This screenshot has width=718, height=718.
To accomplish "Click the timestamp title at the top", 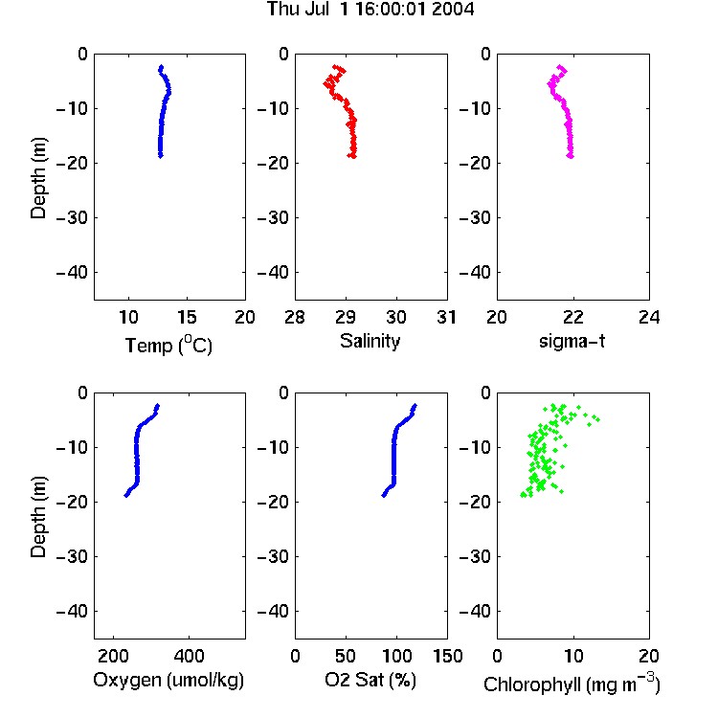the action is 370,9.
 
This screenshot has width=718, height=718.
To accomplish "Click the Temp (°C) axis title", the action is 168,345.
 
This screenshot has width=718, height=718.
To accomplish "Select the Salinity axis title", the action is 370,341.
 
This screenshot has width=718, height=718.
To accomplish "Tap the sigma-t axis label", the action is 572,341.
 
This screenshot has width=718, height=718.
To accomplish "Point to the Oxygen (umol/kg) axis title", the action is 168,680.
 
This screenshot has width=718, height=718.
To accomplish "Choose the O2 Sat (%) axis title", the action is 370,680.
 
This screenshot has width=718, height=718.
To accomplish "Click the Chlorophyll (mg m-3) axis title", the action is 572,684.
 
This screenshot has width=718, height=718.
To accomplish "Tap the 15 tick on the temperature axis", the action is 187,317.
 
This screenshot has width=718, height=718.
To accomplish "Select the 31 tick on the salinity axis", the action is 446,317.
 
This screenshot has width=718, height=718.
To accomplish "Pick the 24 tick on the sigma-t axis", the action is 649,317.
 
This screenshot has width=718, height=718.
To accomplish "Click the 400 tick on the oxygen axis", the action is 190,656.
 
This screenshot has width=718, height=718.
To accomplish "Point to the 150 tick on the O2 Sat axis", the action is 448,656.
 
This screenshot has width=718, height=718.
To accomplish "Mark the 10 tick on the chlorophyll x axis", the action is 573,656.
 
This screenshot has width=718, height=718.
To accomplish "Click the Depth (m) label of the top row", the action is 38,178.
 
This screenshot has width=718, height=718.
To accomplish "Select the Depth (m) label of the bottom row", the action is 38,517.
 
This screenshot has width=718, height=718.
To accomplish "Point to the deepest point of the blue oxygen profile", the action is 126,495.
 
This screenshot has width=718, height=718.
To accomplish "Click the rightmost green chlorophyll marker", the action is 597,419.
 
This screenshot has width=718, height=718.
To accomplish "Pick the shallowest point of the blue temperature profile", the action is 161,67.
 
